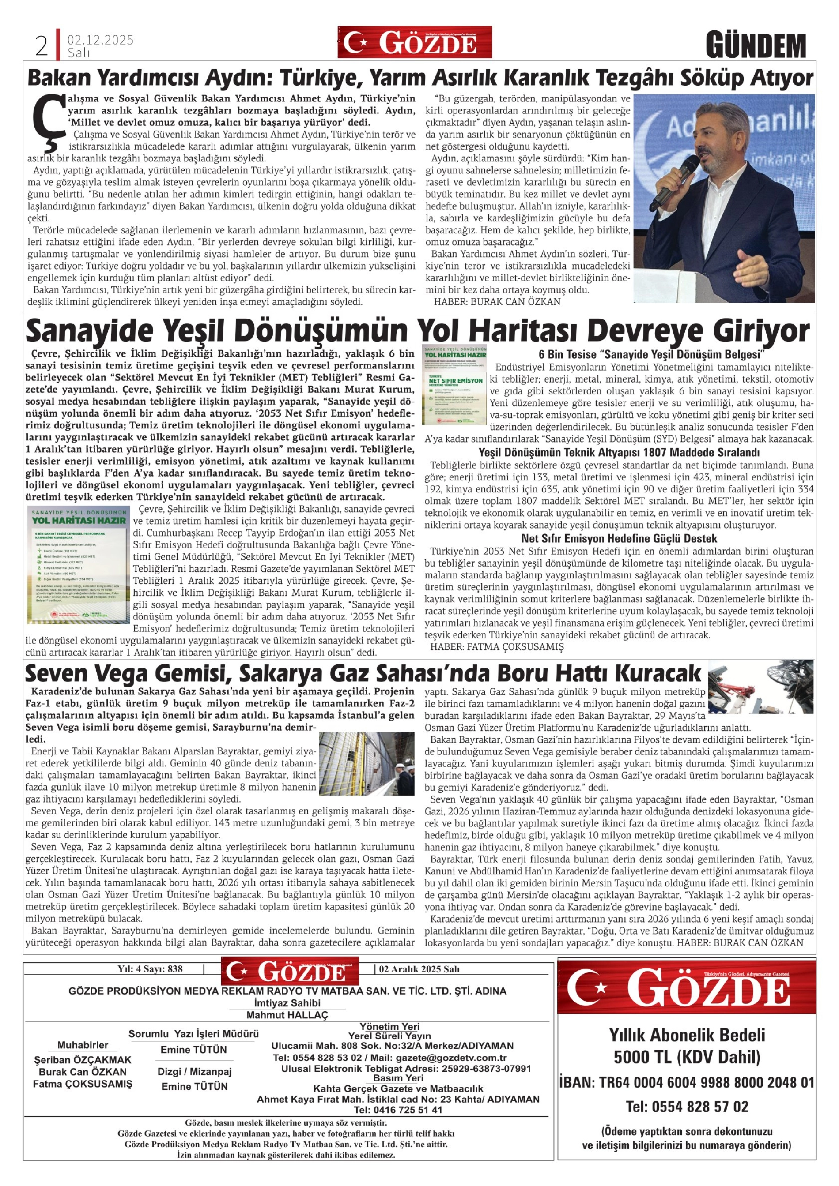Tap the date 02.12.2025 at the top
click(x=100, y=40)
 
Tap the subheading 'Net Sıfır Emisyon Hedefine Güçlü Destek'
click(x=619, y=539)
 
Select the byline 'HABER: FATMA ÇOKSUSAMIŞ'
click(x=497, y=647)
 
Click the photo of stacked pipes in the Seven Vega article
click(x=367, y=763)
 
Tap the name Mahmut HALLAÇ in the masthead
click(x=287, y=1015)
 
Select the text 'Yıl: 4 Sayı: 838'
click(x=149, y=969)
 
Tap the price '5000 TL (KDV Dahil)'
click(x=687, y=1057)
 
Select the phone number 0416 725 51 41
click(x=398, y=1110)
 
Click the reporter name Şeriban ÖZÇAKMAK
click(x=83, y=1060)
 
